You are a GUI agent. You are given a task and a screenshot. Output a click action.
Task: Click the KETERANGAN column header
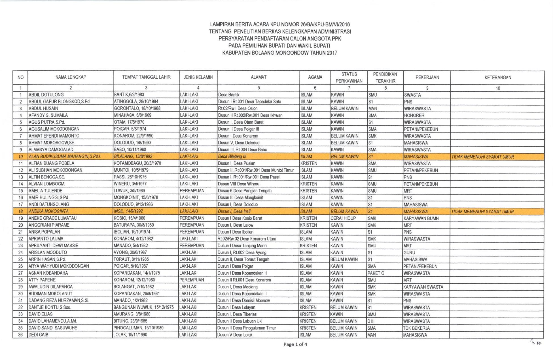pyautogui.click(x=497, y=77)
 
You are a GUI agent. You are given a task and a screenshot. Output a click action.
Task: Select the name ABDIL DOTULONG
pyautogui.click(x=46, y=95)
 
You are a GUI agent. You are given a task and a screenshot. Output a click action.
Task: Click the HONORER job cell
pyautogui.click(x=414, y=115)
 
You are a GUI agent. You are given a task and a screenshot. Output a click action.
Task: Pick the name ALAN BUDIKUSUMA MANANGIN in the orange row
pyautogui.click(x=65, y=157)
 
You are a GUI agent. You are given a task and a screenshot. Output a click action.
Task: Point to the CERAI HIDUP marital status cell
pyautogui.click(x=343, y=218)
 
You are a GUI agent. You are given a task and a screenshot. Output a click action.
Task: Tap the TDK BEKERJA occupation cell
pyautogui.click(x=416, y=328)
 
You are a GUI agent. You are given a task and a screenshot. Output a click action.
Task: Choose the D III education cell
pyautogui.click(x=371, y=321)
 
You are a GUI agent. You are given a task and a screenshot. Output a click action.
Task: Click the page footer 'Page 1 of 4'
pyautogui.click(x=295, y=344)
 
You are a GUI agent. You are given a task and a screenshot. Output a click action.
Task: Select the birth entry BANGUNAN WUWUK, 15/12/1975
pyautogui.click(x=143, y=308)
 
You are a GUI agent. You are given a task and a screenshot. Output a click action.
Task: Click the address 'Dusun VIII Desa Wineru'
pyautogui.click(x=238, y=184)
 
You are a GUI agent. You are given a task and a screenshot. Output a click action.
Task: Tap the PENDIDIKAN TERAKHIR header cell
pyautogui.click(x=385, y=77)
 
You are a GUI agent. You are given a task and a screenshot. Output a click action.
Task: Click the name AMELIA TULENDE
pyautogui.click(x=45, y=191)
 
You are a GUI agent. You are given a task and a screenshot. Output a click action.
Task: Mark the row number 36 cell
pyautogui.click(x=20, y=335)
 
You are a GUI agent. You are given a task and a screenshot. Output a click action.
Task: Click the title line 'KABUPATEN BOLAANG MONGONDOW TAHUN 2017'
pyautogui.click(x=280, y=53)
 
